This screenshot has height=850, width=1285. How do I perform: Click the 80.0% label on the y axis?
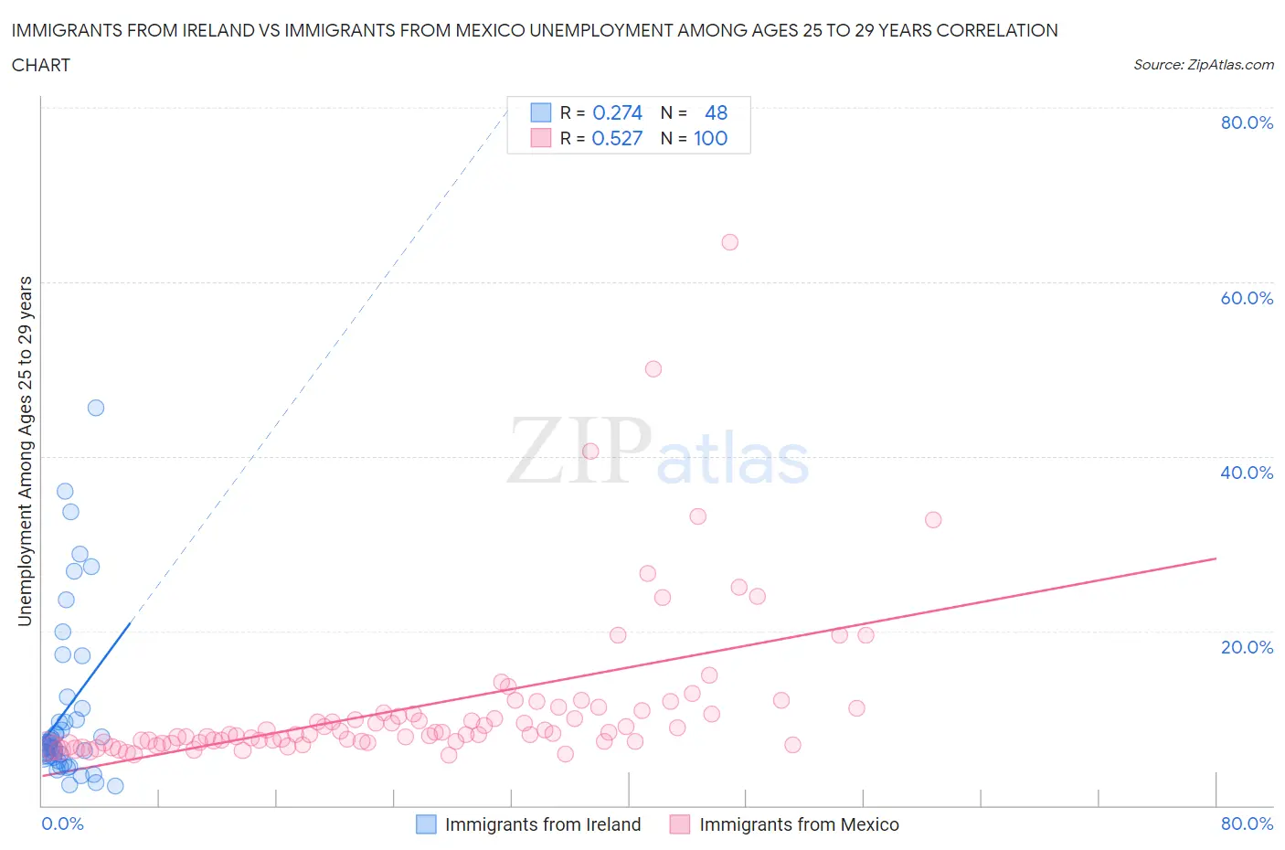pyautogui.click(x=1247, y=122)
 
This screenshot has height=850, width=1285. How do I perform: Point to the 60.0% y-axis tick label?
pyautogui.click(x=1247, y=298)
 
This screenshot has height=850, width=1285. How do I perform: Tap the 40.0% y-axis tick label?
pyautogui.click(x=1247, y=473)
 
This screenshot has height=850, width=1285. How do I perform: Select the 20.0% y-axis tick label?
pyautogui.click(x=1247, y=647)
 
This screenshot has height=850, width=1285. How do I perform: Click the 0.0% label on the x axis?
pyautogui.click(x=62, y=823)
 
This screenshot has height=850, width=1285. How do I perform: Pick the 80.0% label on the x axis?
pyautogui.click(x=1247, y=823)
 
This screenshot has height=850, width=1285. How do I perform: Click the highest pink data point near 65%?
pyautogui.click(x=729, y=242)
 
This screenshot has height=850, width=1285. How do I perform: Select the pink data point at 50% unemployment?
pyautogui.click(x=653, y=369)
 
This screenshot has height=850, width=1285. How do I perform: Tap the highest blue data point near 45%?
pyautogui.click(x=96, y=408)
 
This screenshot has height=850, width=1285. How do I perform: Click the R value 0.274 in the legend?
pyautogui.click(x=617, y=112)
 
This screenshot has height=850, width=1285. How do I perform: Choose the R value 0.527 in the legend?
pyautogui.click(x=617, y=138)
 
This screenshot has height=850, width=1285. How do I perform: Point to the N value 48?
pyautogui.click(x=716, y=112)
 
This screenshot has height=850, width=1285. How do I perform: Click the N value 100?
pyautogui.click(x=710, y=138)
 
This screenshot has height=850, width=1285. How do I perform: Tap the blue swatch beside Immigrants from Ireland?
pyautogui.click(x=426, y=824)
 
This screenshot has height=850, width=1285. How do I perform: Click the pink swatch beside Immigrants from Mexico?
pyautogui.click(x=679, y=824)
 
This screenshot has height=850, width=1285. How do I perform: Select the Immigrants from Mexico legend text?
pyautogui.click(x=799, y=824)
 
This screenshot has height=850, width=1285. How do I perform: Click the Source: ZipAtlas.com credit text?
pyautogui.click(x=1203, y=65)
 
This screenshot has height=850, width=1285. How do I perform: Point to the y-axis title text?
pyautogui.click(x=25, y=451)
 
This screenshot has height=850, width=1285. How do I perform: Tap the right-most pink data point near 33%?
pyautogui.click(x=933, y=519)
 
